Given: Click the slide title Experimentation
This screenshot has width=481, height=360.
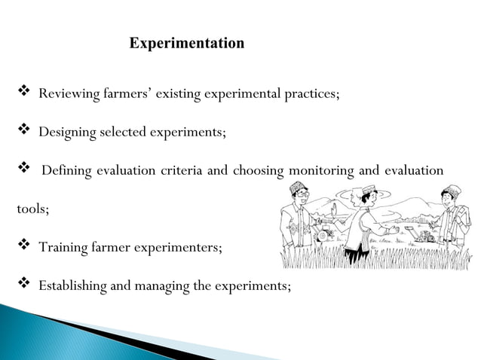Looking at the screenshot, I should coord(187,43).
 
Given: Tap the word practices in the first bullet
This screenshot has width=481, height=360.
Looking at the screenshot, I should coord(310,95).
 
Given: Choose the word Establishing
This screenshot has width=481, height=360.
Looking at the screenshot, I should coord(74,285).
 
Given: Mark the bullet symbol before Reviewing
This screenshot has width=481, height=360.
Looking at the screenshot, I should coord(23,94).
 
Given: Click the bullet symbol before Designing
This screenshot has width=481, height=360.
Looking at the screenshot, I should coord(23,132).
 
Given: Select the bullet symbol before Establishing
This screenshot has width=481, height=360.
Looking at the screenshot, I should coord(23,285).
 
